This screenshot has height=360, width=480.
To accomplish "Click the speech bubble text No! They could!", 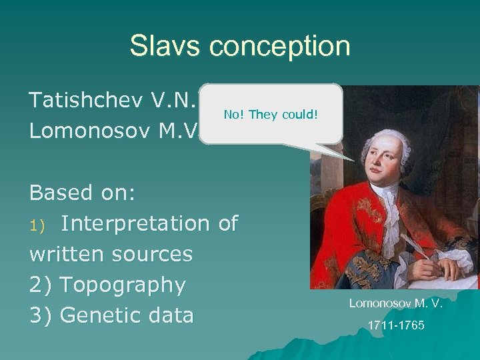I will (271, 115).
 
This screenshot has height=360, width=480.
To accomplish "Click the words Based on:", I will (83, 193).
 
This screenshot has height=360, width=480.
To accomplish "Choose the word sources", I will (152, 254).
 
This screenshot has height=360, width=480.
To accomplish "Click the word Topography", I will (123, 285).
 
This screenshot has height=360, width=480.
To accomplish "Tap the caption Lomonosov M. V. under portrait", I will (395, 304).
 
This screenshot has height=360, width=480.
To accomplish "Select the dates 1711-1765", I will (395, 327).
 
